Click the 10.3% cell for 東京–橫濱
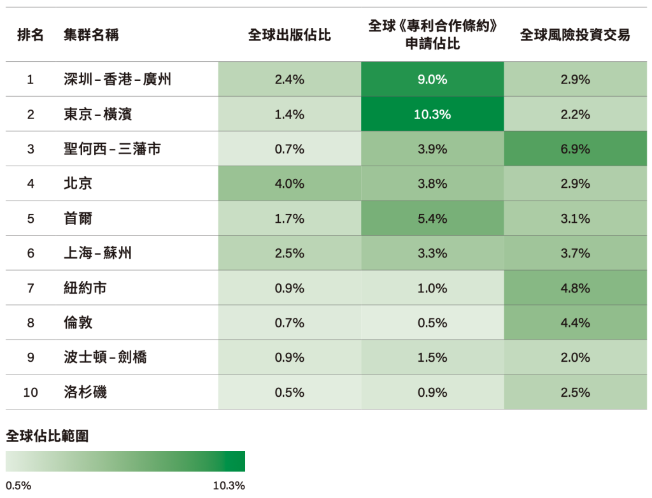(x=432, y=115)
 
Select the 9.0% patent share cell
(x=432, y=80)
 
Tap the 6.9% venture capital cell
(x=575, y=149)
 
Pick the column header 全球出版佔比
(x=290, y=35)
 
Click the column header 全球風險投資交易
(x=575, y=35)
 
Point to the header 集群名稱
(x=91, y=35)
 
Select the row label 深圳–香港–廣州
(x=117, y=80)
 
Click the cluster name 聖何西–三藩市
(x=112, y=149)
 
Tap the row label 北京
(x=78, y=184)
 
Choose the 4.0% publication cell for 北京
(x=290, y=184)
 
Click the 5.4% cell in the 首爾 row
(x=432, y=218)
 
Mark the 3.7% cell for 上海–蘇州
(x=575, y=253)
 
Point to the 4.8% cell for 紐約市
(x=575, y=288)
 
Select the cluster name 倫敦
(x=78, y=323)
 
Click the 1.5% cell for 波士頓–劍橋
(x=432, y=357)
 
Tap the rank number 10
(x=31, y=392)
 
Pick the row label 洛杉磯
(x=85, y=392)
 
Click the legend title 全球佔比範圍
(x=47, y=436)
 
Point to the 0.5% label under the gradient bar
(x=18, y=486)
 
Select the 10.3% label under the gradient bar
(x=229, y=486)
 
